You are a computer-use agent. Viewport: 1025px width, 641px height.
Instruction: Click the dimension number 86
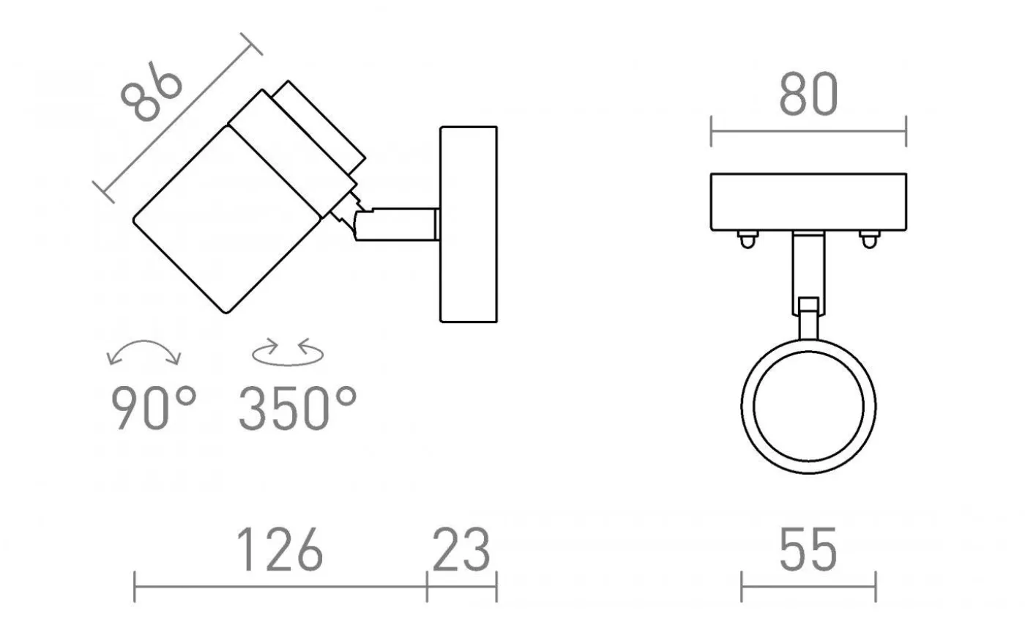pyautogui.click(x=152, y=92)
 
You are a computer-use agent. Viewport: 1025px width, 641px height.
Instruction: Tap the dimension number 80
pyautogui.click(x=807, y=95)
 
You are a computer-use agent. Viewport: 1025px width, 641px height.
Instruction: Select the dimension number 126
pyautogui.click(x=280, y=549)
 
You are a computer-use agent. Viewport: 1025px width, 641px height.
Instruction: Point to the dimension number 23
pyautogui.click(x=461, y=549)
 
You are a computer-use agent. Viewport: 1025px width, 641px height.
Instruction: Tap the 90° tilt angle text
pyautogui.click(x=154, y=408)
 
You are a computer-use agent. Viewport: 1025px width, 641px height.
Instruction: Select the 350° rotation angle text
pyautogui.click(x=297, y=408)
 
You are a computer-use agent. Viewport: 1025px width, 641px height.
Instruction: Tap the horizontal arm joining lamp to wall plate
pyautogui.click(x=399, y=224)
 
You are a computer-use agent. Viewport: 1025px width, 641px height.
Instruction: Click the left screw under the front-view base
pyautogui.click(x=745, y=239)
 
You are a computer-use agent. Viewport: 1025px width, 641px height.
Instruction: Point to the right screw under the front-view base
pyautogui.click(x=868, y=239)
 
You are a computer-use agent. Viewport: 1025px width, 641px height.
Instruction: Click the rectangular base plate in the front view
pyautogui.click(x=808, y=201)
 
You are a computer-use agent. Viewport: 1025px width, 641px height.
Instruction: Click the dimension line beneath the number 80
pyautogui.click(x=808, y=132)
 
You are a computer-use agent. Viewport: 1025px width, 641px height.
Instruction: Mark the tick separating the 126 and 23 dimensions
pyautogui.click(x=427, y=585)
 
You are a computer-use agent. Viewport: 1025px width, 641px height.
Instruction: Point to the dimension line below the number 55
pyautogui.click(x=808, y=586)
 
